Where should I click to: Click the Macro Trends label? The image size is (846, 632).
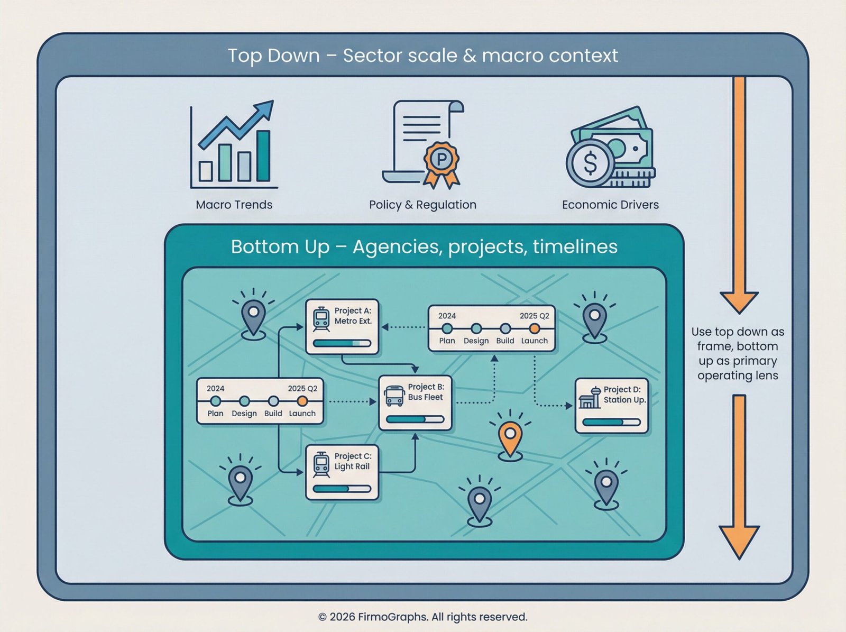click(234, 205)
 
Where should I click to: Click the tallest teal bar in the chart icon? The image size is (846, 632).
click(264, 155)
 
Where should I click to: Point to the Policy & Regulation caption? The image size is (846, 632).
click(423, 205)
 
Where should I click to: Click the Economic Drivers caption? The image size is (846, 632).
click(611, 205)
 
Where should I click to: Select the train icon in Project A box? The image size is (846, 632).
click(321, 319)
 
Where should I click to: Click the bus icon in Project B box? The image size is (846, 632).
click(394, 396)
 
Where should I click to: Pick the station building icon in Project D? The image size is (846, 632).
click(590, 398)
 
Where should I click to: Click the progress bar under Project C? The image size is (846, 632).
click(342, 489)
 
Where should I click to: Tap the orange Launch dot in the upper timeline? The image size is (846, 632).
click(534, 329)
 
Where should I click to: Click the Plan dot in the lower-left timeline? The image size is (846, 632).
click(215, 401)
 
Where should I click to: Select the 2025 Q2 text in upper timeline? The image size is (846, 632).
click(534, 316)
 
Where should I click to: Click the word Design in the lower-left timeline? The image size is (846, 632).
click(244, 414)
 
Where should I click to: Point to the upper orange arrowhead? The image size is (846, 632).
click(739, 303)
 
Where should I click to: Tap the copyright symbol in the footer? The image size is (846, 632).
click(322, 617)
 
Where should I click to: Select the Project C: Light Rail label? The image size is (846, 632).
click(353, 461)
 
